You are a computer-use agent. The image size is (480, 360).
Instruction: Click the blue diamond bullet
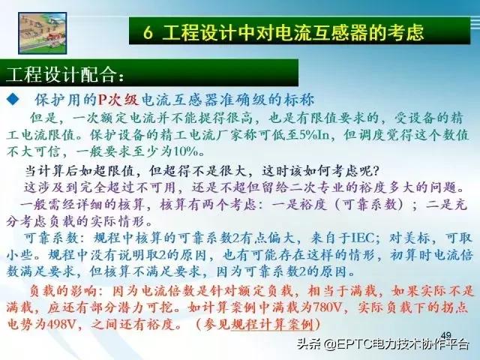13,98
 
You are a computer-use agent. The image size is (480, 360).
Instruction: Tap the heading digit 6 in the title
149,32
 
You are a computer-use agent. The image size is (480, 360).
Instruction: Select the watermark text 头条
308,344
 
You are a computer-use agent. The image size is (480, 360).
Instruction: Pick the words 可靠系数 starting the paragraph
46,236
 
